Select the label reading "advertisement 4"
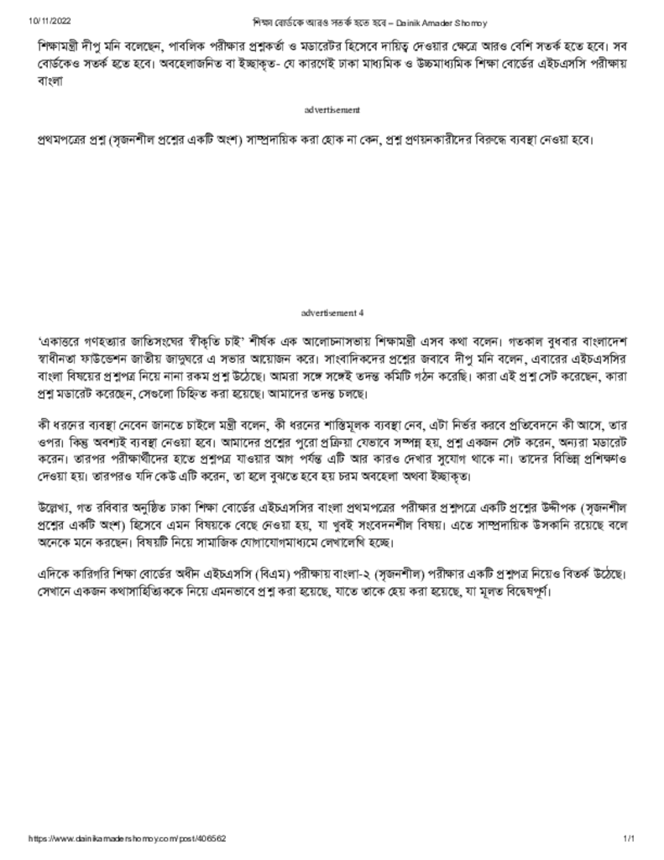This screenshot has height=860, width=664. click(x=332, y=312)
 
